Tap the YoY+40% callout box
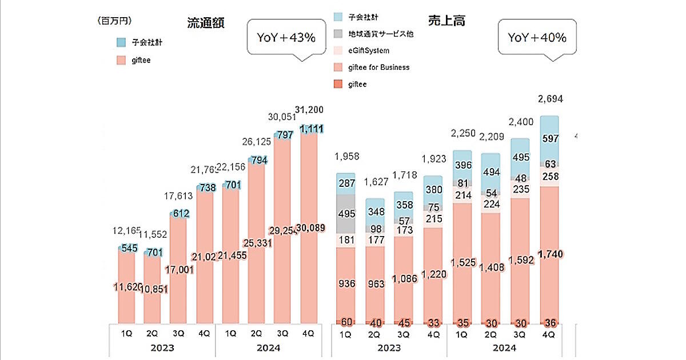click(x=537, y=38)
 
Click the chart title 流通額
click(x=205, y=23)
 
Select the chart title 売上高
click(x=446, y=21)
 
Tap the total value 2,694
click(x=551, y=99)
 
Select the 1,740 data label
click(x=551, y=253)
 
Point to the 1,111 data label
click(x=311, y=128)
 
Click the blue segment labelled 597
click(x=551, y=139)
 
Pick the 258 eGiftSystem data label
click(x=551, y=175)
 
